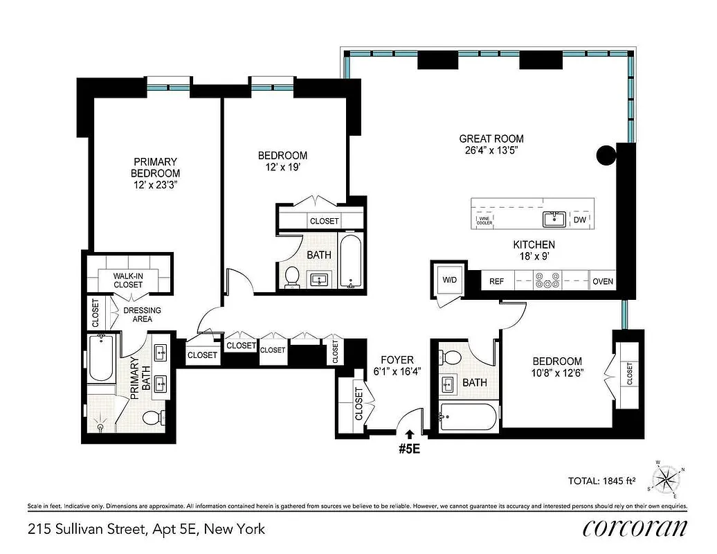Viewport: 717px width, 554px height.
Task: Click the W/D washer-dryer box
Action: [451, 280]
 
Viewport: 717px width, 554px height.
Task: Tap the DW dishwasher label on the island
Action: [579, 220]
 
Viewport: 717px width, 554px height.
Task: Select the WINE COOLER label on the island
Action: [484, 221]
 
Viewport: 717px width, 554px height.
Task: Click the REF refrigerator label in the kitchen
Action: [496, 282]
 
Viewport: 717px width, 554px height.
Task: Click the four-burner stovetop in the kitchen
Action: [552, 282]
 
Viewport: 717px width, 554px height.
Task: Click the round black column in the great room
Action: [607, 155]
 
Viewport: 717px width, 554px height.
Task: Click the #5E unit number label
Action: [409, 447]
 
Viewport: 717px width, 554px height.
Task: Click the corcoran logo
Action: [635, 528]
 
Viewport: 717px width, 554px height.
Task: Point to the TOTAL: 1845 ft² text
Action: [601, 479]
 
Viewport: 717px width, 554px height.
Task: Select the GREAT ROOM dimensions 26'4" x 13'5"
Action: [491, 150]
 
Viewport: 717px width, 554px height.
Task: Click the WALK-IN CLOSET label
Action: [129, 280]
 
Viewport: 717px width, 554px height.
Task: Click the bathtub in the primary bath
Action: [102, 359]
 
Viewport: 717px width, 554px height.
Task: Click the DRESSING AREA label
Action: [142, 314]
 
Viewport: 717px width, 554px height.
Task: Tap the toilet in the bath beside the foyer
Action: [452, 357]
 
